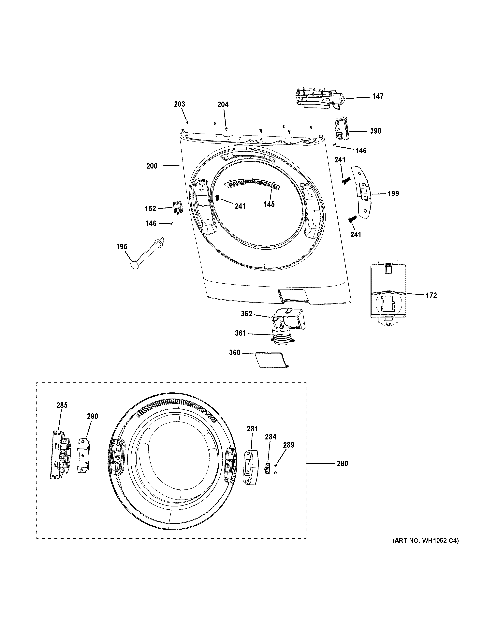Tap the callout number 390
[x=375, y=131]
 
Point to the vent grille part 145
[x=252, y=184]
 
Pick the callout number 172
[x=431, y=295]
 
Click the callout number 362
[x=246, y=314]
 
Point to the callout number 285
[x=62, y=405]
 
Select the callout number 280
[x=342, y=464]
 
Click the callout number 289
[x=289, y=445]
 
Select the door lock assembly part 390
[x=341, y=129]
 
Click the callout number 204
[x=223, y=105]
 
